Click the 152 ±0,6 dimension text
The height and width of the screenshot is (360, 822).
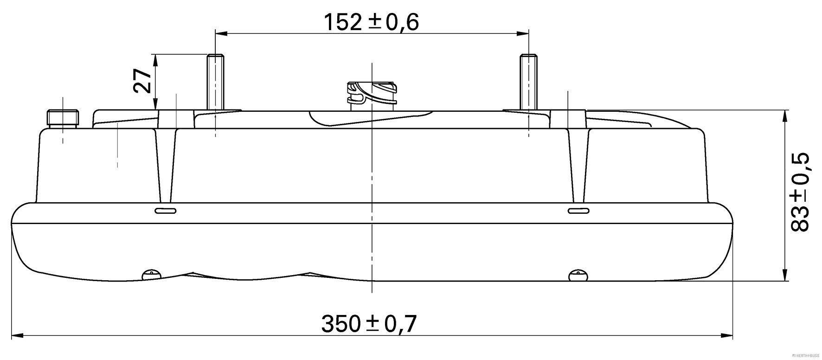(x=371, y=22)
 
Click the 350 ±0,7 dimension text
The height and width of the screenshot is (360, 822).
(x=369, y=323)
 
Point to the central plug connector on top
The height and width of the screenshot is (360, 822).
(x=371, y=95)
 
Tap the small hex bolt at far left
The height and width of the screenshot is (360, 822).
(x=63, y=117)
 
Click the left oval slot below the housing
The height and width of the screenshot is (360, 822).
(x=165, y=212)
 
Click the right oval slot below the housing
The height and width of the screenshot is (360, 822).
(x=579, y=212)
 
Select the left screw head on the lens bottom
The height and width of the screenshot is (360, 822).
(x=151, y=275)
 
